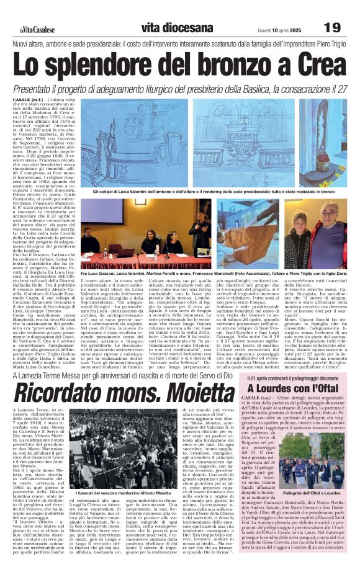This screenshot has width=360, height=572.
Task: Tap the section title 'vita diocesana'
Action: click(x=177, y=27)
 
